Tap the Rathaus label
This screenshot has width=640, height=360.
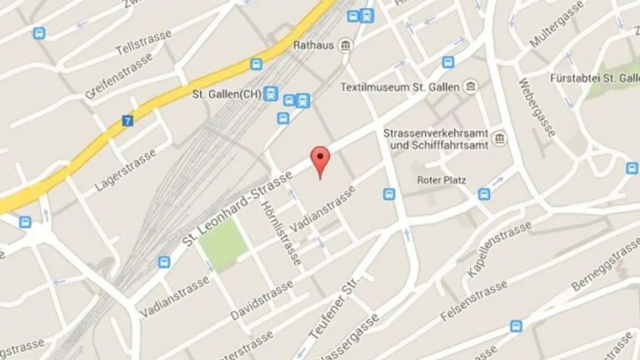(x=313, y=45)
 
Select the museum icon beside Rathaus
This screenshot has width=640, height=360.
(x=345, y=45)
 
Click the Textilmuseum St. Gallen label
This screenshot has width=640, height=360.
(x=400, y=87)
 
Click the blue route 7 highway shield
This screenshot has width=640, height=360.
(x=127, y=120)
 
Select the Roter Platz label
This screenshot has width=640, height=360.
(x=441, y=180)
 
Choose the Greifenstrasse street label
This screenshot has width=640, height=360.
(x=119, y=76)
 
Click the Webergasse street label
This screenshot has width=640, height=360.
(x=536, y=108)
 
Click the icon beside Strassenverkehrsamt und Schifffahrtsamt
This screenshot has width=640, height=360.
(x=500, y=139)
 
